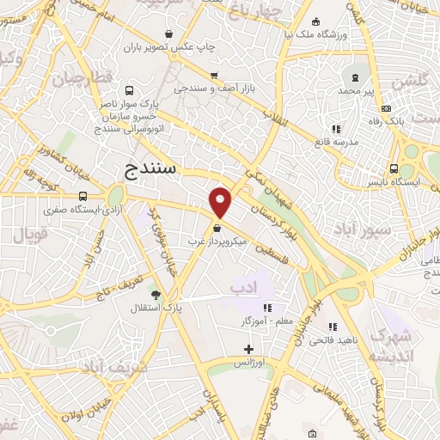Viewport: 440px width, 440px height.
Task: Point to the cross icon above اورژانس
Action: point(249,349)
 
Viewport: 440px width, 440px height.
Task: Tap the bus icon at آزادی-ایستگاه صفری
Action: point(83,196)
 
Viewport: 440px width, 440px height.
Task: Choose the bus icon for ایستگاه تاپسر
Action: point(393,168)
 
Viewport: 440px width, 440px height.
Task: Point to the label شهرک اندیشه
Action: point(392,347)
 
